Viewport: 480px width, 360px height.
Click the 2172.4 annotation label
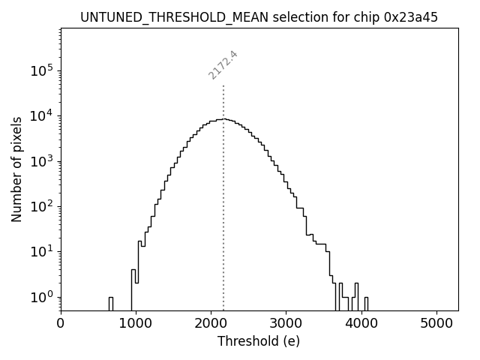click(x=223, y=65)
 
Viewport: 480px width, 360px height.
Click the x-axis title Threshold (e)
click(x=259, y=342)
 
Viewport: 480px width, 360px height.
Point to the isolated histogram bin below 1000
click(x=111, y=302)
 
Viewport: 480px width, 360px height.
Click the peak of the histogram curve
click(x=223, y=118)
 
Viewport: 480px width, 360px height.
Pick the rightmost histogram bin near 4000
click(x=365, y=302)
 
